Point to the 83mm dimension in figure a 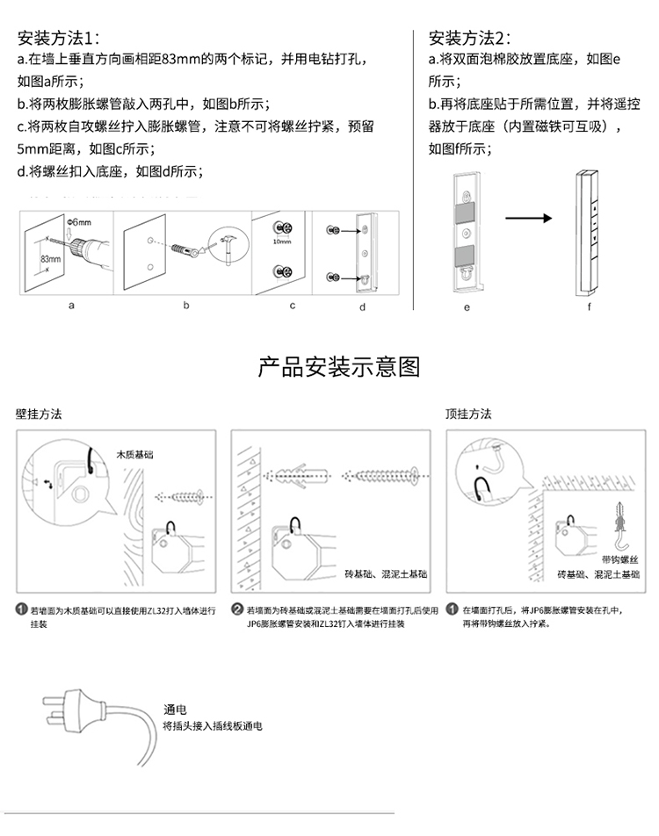51,259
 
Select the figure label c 293,306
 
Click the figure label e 467,307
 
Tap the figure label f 590,307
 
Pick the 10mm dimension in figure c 282,241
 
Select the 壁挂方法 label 39,414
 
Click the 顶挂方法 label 468,414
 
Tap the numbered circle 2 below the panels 237,609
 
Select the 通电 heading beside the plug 176,710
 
